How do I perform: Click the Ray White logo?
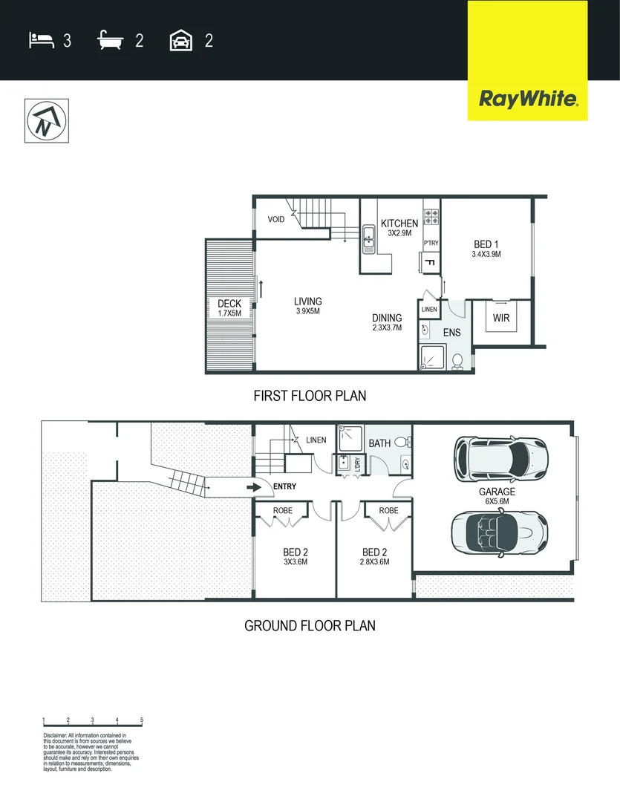(x=527, y=99)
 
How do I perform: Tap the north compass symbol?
(x=46, y=120)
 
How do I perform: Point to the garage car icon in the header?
(x=181, y=40)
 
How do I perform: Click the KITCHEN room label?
(x=399, y=224)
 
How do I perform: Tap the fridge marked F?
(x=429, y=262)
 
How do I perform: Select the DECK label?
(x=229, y=304)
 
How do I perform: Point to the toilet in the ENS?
(x=457, y=361)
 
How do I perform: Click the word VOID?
(x=276, y=220)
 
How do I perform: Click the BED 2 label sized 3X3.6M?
(x=295, y=552)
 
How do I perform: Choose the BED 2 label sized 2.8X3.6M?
(x=374, y=552)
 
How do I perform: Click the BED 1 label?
(x=486, y=244)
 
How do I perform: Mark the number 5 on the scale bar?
(x=141, y=720)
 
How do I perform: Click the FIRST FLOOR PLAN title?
(x=310, y=396)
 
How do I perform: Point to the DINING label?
(x=387, y=318)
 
